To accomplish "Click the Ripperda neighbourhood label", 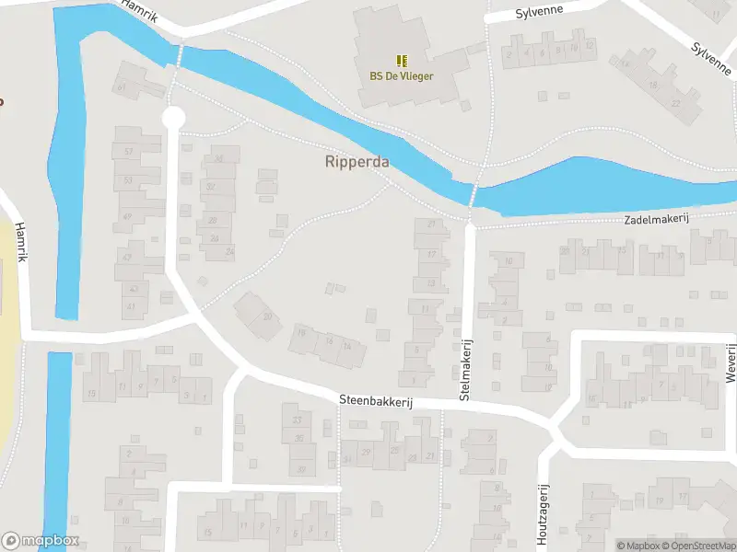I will click(357, 162).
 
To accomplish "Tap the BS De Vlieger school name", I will click(402, 76).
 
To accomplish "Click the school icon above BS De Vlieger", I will click(402, 61).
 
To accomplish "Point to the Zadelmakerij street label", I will click(656, 218).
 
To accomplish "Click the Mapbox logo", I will click(41, 541).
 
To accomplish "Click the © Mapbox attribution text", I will click(638, 546).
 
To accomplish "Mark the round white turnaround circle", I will click(173, 118).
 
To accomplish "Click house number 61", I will click(122, 88).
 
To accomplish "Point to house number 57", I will click(128, 151).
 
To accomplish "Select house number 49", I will click(127, 217).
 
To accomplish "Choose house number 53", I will click(128, 180).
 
